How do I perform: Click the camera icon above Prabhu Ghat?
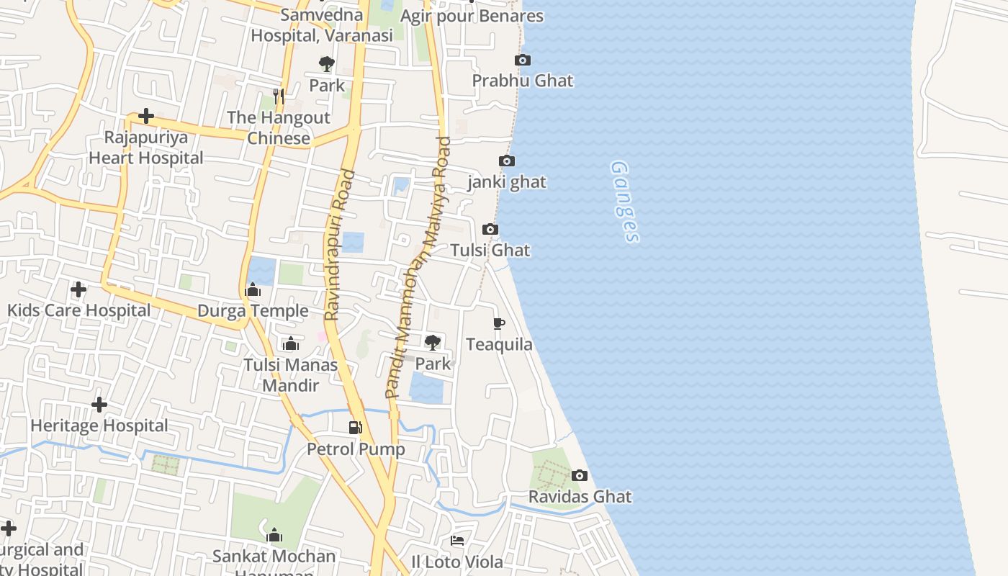click(x=523, y=60)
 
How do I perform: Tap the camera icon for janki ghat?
click(x=507, y=161)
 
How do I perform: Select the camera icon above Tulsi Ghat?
click(x=490, y=229)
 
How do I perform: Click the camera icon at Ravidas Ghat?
click(x=580, y=475)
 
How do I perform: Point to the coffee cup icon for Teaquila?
click(x=499, y=323)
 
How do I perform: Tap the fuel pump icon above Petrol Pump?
click(x=355, y=428)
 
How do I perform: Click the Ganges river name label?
click(x=624, y=201)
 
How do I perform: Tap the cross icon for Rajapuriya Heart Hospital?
click(x=146, y=116)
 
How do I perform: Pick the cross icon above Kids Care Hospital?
click(x=78, y=289)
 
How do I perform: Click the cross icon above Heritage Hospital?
click(x=99, y=405)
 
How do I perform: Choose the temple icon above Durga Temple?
click(x=253, y=290)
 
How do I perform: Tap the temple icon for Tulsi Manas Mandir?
click(x=291, y=343)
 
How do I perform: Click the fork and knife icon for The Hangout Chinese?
click(x=279, y=96)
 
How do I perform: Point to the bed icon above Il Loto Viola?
click(x=457, y=540)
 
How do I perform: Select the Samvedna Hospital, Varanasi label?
click(x=322, y=25)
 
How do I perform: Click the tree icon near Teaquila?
click(x=433, y=342)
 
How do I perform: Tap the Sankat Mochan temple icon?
click(x=274, y=535)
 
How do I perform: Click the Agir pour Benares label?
click(x=472, y=16)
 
